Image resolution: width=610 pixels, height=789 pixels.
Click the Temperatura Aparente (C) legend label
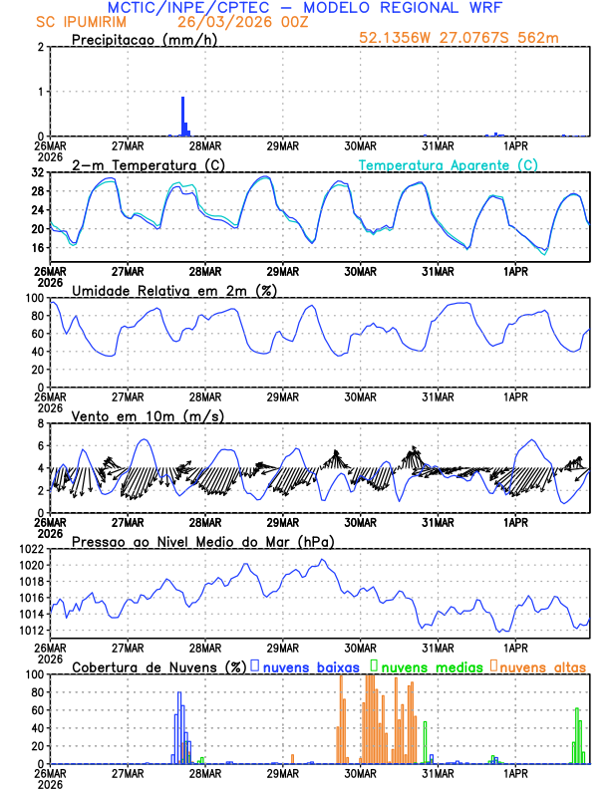pyautogui.click(x=449, y=164)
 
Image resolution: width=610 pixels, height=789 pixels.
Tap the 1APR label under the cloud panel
pyautogui.click(x=515, y=772)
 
